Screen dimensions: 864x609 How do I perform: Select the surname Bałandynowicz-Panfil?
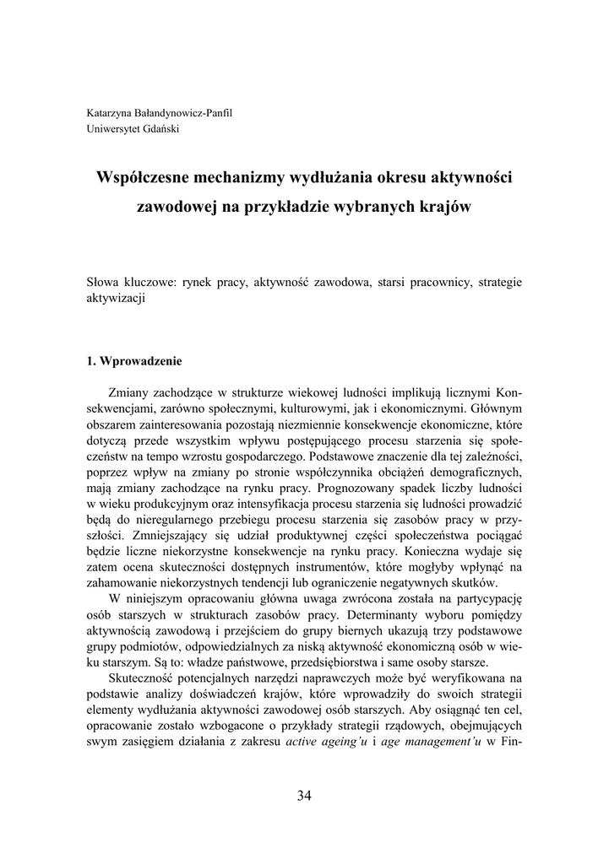(186, 113)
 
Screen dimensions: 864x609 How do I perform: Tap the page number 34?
(304, 796)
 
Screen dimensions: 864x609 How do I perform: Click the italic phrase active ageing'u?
(326, 743)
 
